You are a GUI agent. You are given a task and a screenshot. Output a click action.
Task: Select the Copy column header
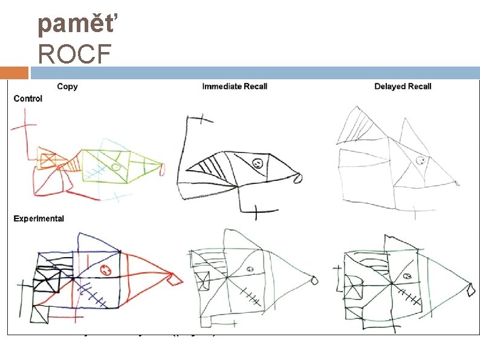67,87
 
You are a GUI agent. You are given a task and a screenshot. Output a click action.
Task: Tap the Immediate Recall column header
235,87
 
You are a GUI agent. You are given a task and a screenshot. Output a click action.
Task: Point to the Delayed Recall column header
403,87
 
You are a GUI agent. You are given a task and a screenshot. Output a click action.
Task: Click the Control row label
28,98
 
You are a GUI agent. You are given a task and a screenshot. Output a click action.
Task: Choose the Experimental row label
39,218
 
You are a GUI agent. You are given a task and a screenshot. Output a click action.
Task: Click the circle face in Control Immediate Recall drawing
257,163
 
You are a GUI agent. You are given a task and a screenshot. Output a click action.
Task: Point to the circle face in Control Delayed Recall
418,161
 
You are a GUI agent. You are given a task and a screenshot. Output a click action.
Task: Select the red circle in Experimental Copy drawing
106,269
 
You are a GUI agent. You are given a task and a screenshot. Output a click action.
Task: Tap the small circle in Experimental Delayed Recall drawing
407,276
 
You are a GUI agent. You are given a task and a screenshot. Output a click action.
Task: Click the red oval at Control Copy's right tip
162,171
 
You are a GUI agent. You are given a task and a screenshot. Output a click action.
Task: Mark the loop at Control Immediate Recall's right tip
296,178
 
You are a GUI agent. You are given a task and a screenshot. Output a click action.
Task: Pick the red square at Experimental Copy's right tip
175,280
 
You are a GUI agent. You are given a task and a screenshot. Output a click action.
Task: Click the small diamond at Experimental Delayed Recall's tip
471,290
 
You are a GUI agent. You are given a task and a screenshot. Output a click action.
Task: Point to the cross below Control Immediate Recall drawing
256,212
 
